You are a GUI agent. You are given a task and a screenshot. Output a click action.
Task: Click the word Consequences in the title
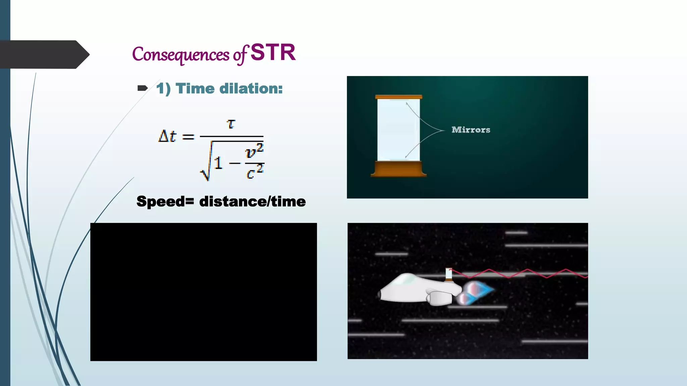pyautogui.click(x=180, y=55)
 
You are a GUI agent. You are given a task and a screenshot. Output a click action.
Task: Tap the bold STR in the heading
pyautogui.click(x=273, y=53)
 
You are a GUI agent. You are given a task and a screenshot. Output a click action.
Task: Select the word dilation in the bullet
pyautogui.click(x=251, y=88)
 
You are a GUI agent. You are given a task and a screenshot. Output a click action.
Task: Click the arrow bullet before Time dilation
pyautogui.click(x=143, y=88)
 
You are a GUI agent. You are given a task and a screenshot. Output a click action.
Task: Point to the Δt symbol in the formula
pyautogui.click(x=167, y=136)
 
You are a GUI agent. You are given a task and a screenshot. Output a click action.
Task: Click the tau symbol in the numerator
pyautogui.click(x=231, y=124)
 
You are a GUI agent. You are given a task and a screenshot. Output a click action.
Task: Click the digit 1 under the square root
pyautogui.click(x=218, y=164)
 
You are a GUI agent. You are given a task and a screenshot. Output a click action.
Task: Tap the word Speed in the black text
pyautogui.click(x=160, y=202)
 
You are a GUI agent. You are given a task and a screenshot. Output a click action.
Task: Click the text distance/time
pyautogui.click(x=252, y=202)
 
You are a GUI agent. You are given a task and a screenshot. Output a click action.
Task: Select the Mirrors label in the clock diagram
pyautogui.click(x=471, y=130)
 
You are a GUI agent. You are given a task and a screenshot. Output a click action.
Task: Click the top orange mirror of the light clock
pyautogui.click(x=399, y=97)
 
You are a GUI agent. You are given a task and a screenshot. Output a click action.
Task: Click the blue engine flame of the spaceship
pyautogui.click(x=483, y=289)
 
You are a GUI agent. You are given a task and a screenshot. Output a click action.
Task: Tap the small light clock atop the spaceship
pyautogui.click(x=448, y=274)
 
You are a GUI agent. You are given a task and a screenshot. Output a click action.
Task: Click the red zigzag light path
pyautogui.click(x=527, y=273)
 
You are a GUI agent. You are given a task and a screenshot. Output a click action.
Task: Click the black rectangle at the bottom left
pyautogui.click(x=203, y=292)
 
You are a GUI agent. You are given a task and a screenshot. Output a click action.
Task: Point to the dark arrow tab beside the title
pyautogui.click(x=44, y=55)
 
